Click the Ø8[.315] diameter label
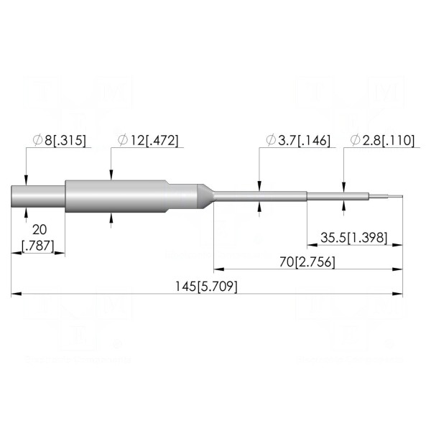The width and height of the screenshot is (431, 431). point(59,140)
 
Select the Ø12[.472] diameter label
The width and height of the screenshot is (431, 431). point(148,140)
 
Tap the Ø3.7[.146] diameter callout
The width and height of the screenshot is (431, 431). point(298,140)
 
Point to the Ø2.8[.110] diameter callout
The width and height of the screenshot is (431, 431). point(382,140)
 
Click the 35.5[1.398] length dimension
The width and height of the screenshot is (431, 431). point(354,238)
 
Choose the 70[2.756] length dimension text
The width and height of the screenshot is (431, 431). point(307,262)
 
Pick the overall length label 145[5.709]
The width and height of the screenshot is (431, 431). point(206,287)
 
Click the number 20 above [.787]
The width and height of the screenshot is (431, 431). point(40,230)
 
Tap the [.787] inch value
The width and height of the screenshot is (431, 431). point(38,246)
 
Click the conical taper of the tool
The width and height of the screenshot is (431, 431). point(205,196)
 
